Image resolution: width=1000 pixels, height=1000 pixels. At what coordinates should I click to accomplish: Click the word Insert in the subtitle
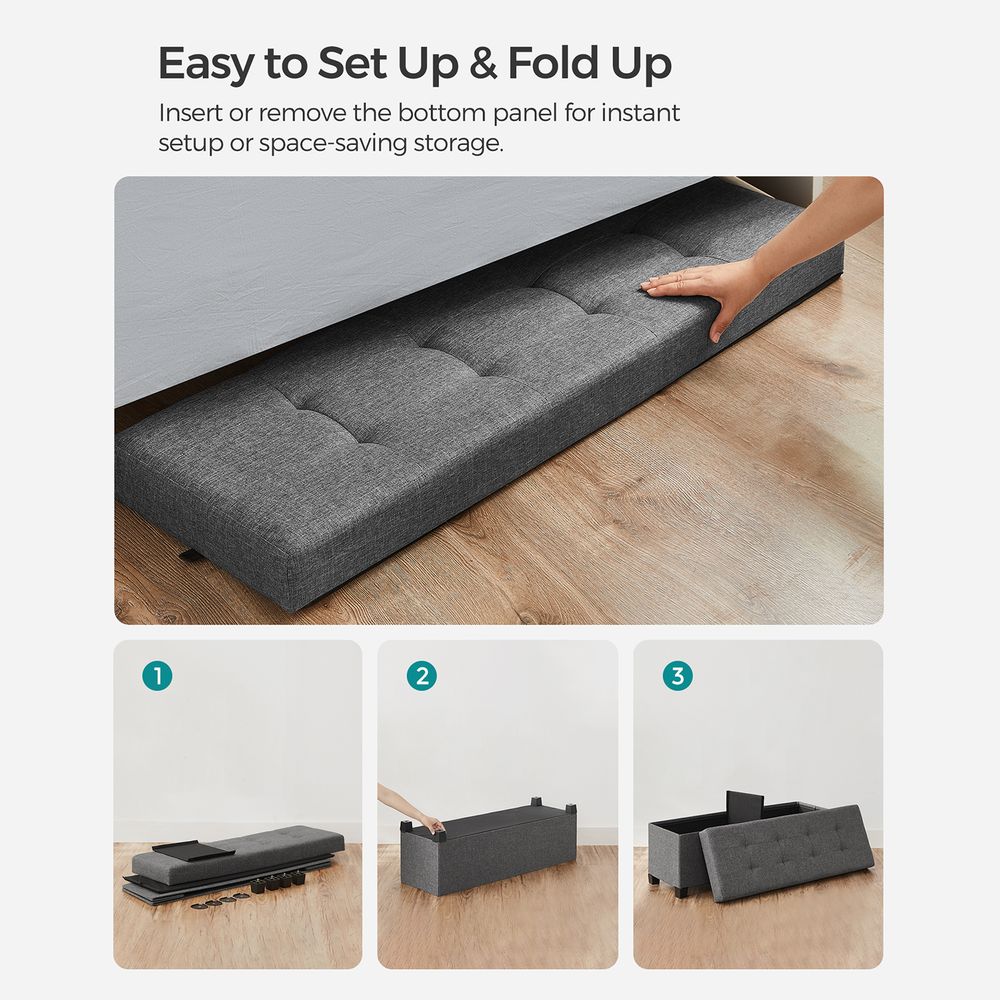point(191,112)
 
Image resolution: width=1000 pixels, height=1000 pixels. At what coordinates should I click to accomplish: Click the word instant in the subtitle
point(640,112)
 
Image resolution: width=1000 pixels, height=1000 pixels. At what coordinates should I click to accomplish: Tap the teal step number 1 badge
point(157,676)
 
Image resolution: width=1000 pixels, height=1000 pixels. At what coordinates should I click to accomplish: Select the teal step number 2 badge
point(422,676)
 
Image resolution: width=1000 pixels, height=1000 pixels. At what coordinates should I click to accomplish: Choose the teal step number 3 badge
point(678,676)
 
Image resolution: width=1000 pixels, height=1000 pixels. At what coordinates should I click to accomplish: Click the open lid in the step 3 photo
point(785,851)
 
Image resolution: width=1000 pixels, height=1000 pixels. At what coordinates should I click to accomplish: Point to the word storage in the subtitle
point(454,142)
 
